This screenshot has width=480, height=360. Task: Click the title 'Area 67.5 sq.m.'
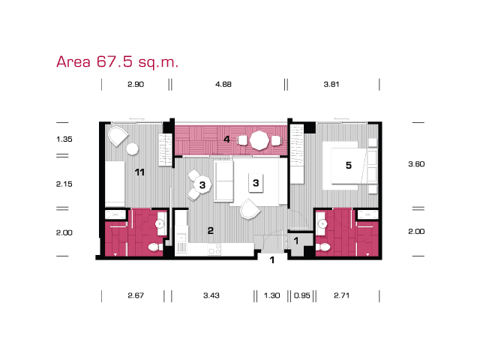click(x=117, y=62)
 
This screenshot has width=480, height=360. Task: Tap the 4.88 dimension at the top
click(x=223, y=84)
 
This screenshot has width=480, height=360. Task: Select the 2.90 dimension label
click(x=136, y=84)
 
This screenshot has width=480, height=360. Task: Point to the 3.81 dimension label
click(x=331, y=84)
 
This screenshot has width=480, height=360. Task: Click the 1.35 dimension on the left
click(x=64, y=139)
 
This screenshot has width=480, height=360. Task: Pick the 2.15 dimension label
click(x=64, y=184)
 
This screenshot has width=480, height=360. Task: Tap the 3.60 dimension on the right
click(x=416, y=164)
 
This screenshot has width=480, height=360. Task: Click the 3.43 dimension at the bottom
click(x=211, y=295)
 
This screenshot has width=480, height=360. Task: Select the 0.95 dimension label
click(x=301, y=295)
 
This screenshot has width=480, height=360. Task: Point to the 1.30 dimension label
click(x=271, y=295)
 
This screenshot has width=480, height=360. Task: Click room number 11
click(x=139, y=172)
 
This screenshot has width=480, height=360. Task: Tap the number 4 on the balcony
click(x=226, y=139)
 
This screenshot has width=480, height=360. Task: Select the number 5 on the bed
click(x=348, y=166)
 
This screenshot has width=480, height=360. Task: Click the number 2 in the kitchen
click(x=210, y=230)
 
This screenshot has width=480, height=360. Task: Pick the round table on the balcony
click(x=259, y=140)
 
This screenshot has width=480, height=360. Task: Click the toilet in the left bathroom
click(x=155, y=247)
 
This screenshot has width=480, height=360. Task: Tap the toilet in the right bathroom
click(x=323, y=247)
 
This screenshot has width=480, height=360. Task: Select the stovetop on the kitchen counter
click(x=214, y=249)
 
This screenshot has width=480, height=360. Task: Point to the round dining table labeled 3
click(x=202, y=185)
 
